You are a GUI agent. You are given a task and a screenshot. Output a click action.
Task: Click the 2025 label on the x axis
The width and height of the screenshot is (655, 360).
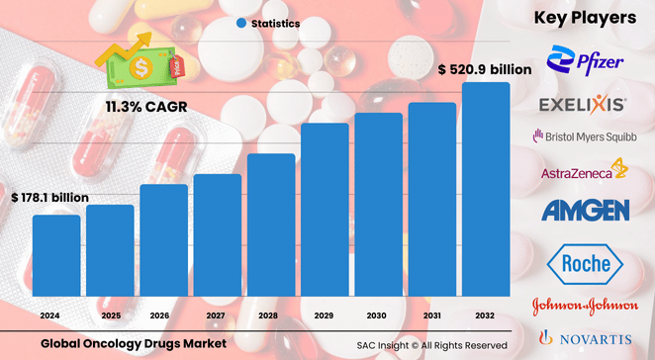click(x=110, y=315)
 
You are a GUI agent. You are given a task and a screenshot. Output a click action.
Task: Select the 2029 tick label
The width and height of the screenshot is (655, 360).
click(x=325, y=315)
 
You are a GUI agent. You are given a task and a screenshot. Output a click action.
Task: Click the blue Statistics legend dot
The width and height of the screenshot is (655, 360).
click(x=242, y=22)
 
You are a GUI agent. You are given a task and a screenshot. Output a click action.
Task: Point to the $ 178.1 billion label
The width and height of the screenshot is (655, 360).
click(x=49, y=198)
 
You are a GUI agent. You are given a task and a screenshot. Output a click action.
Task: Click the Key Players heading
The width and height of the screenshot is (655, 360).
click(x=585, y=18)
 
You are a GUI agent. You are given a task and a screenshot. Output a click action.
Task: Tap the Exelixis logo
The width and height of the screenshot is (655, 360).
click(x=582, y=104)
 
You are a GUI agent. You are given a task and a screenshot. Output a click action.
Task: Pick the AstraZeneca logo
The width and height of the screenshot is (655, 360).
click(x=585, y=172)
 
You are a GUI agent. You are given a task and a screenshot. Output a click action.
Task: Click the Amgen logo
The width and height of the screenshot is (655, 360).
click(x=585, y=210)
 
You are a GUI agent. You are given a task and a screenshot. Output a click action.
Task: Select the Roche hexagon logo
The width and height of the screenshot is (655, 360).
click(x=585, y=264)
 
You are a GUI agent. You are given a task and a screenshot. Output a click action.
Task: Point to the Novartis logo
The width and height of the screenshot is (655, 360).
click(x=585, y=336)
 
